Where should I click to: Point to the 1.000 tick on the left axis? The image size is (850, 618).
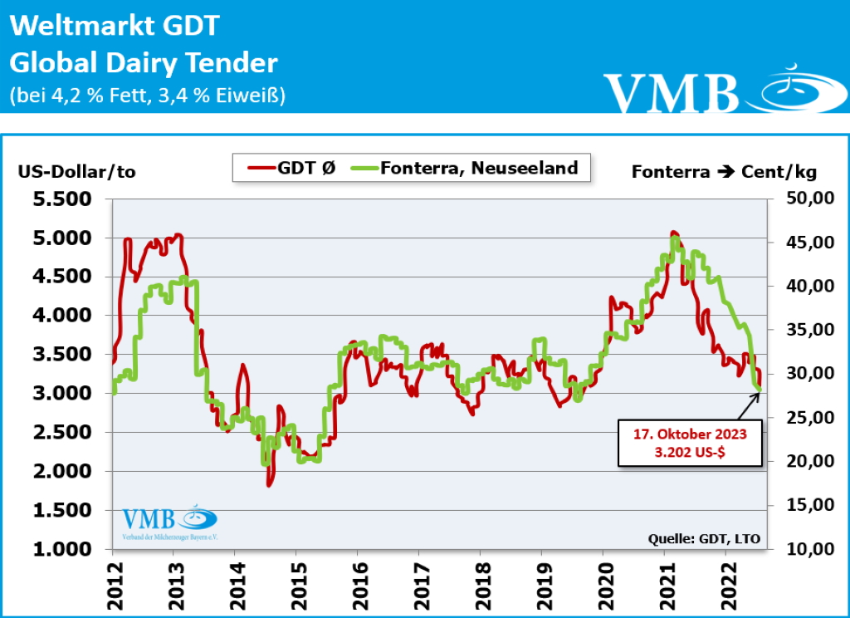63,549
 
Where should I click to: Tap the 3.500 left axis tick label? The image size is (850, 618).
63,355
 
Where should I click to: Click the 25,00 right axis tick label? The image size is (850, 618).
798,418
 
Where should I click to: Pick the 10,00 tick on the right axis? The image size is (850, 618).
798,549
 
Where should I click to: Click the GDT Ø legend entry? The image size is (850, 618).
291,169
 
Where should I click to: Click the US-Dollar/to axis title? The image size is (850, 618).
76,172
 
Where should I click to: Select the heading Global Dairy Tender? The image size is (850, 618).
144,63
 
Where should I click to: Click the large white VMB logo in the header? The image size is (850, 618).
672,91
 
